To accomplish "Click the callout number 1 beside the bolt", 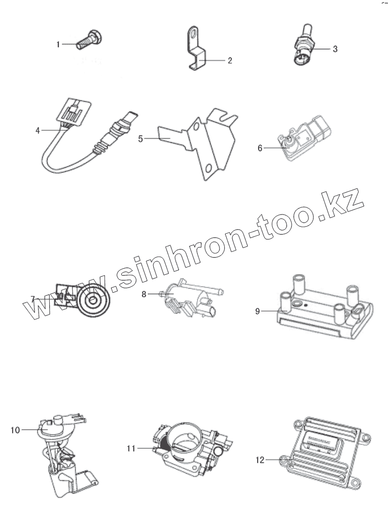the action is coord(58,45).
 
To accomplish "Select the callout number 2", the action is coord(229,60).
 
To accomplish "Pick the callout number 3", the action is coord(335,49).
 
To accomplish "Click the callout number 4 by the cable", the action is coord(38,130).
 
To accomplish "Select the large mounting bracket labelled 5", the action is coord(208,144).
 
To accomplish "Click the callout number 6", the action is coord(260,148).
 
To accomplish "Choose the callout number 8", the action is coord(144,294).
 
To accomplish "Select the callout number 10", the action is coord(15,430).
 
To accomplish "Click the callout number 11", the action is coord(131,448).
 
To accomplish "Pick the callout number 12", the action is coord(260,460).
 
